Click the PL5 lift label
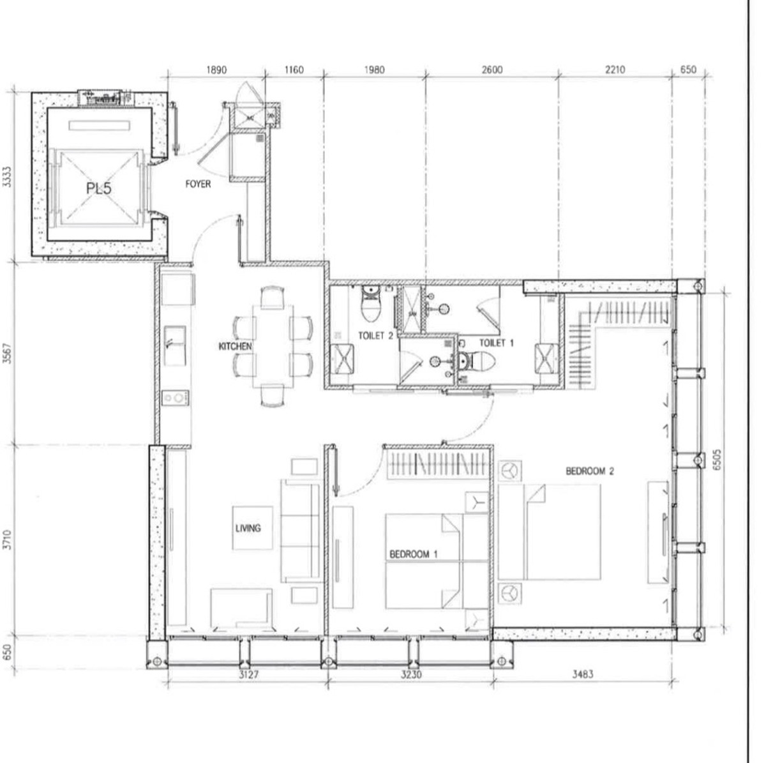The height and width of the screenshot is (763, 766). click(99, 188)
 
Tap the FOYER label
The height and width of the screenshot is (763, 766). click(198, 184)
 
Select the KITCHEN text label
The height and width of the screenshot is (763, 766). click(236, 346)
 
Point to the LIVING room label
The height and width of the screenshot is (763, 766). click(248, 528)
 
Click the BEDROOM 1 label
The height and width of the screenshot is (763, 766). click(414, 554)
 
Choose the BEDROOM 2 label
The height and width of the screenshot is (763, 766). click(590, 471)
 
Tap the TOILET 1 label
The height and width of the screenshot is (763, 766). click(497, 343)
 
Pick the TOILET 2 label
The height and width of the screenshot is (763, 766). click(375, 336)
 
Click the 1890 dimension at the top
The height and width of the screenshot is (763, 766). click(216, 70)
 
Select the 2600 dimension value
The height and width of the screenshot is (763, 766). click(492, 70)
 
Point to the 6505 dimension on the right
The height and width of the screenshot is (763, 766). click(717, 460)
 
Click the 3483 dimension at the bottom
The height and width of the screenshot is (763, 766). click(583, 674)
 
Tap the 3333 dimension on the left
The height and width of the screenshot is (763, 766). click(7, 177)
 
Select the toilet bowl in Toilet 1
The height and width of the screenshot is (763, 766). click(477, 361)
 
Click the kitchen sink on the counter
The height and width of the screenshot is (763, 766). click(175, 345)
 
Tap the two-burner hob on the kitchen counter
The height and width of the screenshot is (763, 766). click(175, 397)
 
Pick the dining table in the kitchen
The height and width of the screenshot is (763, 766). click(273, 346)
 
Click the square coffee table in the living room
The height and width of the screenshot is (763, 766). click(253, 528)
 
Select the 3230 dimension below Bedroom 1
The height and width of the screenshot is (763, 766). click(411, 675)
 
